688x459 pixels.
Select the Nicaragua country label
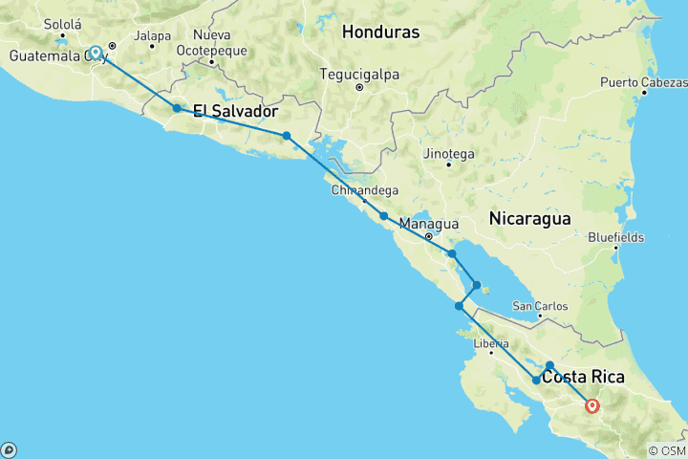click(529, 218)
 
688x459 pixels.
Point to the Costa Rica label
click(583, 378)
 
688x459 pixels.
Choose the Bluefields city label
click(616, 236)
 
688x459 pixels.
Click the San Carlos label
click(540, 306)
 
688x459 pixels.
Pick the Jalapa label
click(153, 36)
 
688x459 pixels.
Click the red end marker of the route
click(592, 405)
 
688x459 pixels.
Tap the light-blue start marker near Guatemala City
click(96, 54)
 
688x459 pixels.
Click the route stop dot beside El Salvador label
click(177, 108)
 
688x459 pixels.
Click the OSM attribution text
click(666, 450)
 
